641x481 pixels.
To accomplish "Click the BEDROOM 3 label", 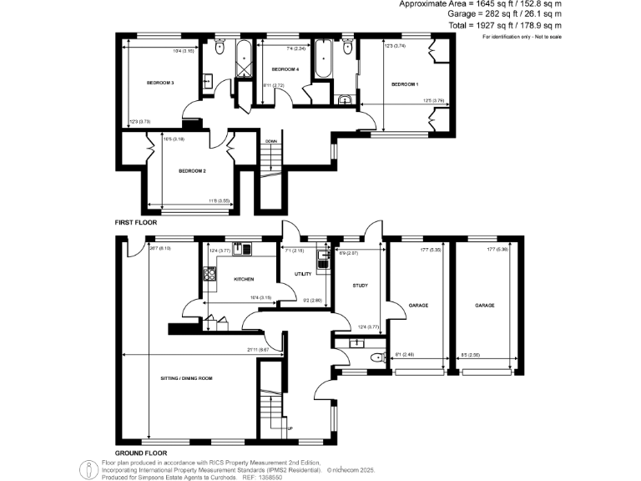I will pos(159,83).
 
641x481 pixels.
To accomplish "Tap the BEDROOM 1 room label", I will pos(405,84).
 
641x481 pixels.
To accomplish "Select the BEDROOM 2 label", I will pos(192,171).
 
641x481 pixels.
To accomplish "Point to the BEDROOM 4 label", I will pos(285,68).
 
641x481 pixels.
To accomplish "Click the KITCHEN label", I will pos(243,279).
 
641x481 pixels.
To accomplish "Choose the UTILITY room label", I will pos(302,274).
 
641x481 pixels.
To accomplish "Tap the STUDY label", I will pos(360,286).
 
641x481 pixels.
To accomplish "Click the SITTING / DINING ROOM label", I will pos(186,378).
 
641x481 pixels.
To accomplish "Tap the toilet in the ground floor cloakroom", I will pos(377,357).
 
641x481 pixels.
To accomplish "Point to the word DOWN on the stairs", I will pos(270,141).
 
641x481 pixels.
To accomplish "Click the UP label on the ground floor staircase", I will pos(290,429).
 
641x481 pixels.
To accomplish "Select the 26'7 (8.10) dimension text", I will pos(159,248).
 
